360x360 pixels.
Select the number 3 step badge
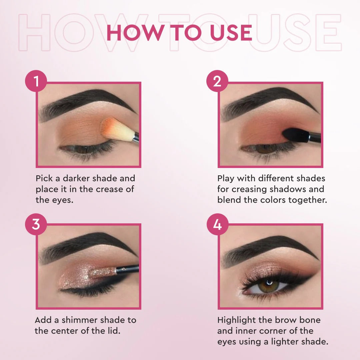tap(36, 224)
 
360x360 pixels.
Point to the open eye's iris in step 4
tap(268, 286)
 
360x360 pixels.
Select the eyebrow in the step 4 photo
tap(267, 247)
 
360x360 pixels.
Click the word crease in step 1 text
tap(111, 189)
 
